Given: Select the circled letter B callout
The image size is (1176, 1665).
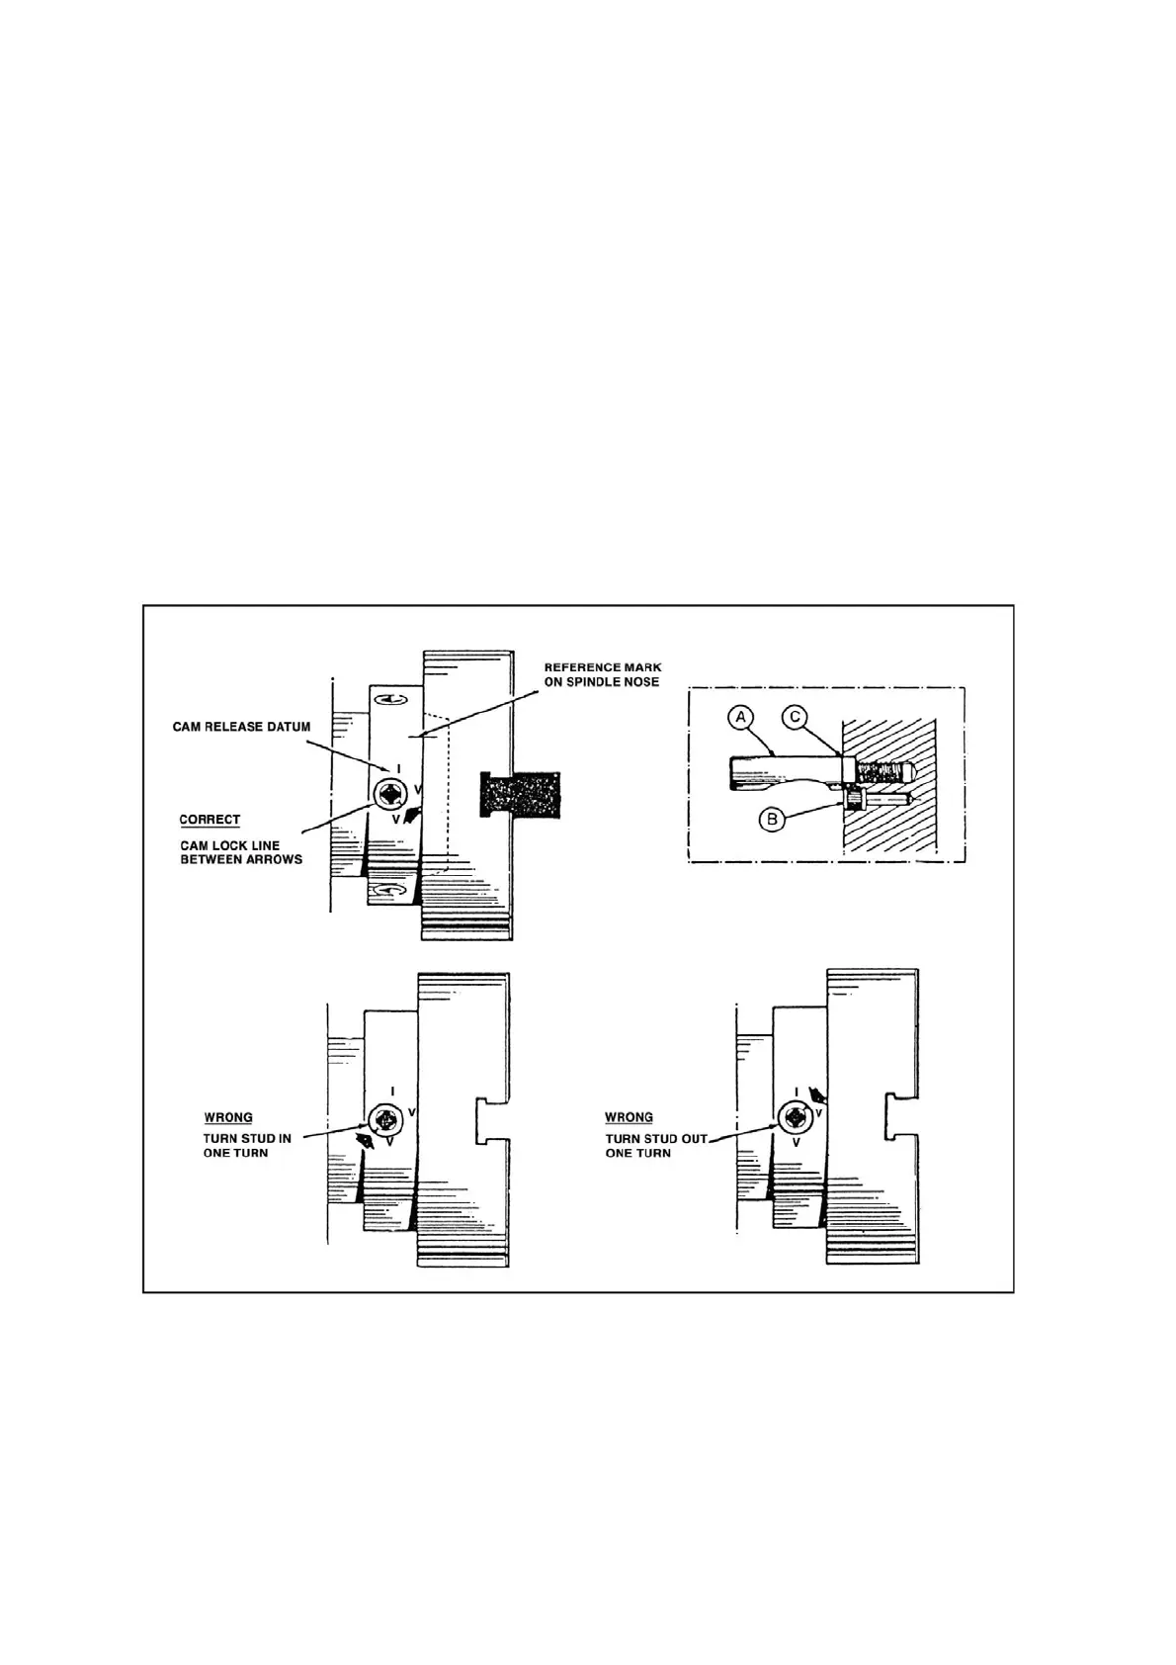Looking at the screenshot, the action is (775, 820).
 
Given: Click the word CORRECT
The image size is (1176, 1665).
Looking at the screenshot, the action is (210, 820).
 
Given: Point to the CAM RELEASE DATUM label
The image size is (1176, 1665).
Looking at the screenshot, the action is (241, 727).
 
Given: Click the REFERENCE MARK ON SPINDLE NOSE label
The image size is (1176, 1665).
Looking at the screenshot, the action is (602, 674).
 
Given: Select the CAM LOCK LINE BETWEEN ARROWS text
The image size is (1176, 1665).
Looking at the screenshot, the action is (241, 852).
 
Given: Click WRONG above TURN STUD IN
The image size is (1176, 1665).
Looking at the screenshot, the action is (228, 1118).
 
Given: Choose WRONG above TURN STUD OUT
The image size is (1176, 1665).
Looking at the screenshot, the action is (629, 1118).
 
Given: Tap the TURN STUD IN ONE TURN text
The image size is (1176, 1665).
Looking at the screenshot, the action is (247, 1145).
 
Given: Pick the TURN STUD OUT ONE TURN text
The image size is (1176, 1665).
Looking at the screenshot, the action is (655, 1145).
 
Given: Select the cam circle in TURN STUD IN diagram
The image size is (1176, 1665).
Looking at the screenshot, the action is (385, 1120).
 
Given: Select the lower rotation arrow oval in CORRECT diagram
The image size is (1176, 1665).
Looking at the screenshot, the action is (384, 892).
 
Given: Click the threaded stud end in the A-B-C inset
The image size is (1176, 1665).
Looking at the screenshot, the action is (884, 770).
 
